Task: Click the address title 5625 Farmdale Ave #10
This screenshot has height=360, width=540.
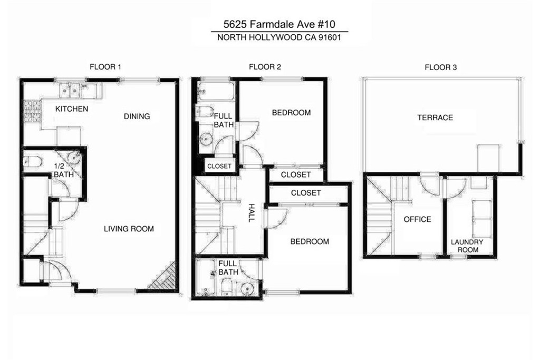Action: (x=279, y=24)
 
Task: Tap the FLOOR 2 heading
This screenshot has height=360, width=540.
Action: (x=265, y=67)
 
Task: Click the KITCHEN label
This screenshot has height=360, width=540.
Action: (x=72, y=109)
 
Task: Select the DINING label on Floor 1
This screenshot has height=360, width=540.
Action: (x=137, y=116)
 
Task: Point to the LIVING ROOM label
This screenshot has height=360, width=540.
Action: (x=129, y=229)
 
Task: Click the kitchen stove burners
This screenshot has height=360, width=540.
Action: (x=32, y=110)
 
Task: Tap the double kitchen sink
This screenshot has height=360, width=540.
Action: (x=70, y=91)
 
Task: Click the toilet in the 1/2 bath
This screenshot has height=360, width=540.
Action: (x=32, y=161)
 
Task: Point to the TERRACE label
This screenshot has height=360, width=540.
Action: (x=435, y=118)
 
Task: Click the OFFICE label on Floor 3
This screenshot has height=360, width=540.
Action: (x=418, y=219)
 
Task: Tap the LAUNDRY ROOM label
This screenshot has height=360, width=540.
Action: (x=467, y=246)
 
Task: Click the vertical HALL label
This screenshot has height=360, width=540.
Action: (x=252, y=213)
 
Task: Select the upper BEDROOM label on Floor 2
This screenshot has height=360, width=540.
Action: (x=291, y=113)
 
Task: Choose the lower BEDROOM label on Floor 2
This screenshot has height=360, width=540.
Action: (x=310, y=241)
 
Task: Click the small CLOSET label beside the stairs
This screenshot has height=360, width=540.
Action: (x=219, y=166)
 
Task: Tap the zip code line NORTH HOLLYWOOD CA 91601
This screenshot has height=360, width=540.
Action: (x=279, y=37)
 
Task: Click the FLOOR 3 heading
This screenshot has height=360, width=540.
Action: (x=440, y=67)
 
